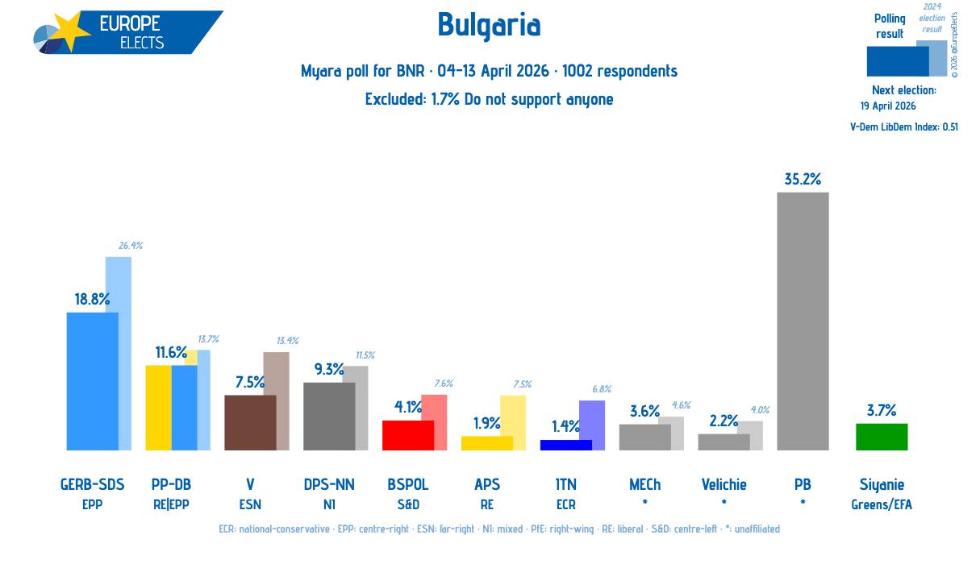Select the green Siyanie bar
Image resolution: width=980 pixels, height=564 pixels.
(881, 437)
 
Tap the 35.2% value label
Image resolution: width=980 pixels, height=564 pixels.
(802, 179)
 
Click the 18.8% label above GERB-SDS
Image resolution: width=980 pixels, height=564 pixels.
(92, 299)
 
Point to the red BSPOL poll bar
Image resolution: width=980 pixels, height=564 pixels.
(407, 435)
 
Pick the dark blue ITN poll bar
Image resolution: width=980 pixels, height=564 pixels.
(565, 445)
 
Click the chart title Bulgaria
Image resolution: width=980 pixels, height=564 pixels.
(489, 26)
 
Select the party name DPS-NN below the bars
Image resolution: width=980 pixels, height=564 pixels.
(329, 484)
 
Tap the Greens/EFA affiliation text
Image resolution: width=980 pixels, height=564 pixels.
(881, 505)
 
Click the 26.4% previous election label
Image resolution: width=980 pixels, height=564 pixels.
(130, 246)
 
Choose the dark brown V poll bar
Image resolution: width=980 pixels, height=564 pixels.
(250, 422)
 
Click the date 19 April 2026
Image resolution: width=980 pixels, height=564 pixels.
(888, 106)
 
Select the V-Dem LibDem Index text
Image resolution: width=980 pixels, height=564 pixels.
(903, 126)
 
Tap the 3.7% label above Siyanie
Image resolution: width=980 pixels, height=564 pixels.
(881, 410)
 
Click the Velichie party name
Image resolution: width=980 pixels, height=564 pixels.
(724, 484)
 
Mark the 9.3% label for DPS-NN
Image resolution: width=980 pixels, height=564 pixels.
(329, 369)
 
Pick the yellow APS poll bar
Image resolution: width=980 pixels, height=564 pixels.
(486, 443)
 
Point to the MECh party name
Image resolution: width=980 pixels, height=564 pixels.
(644, 484)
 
